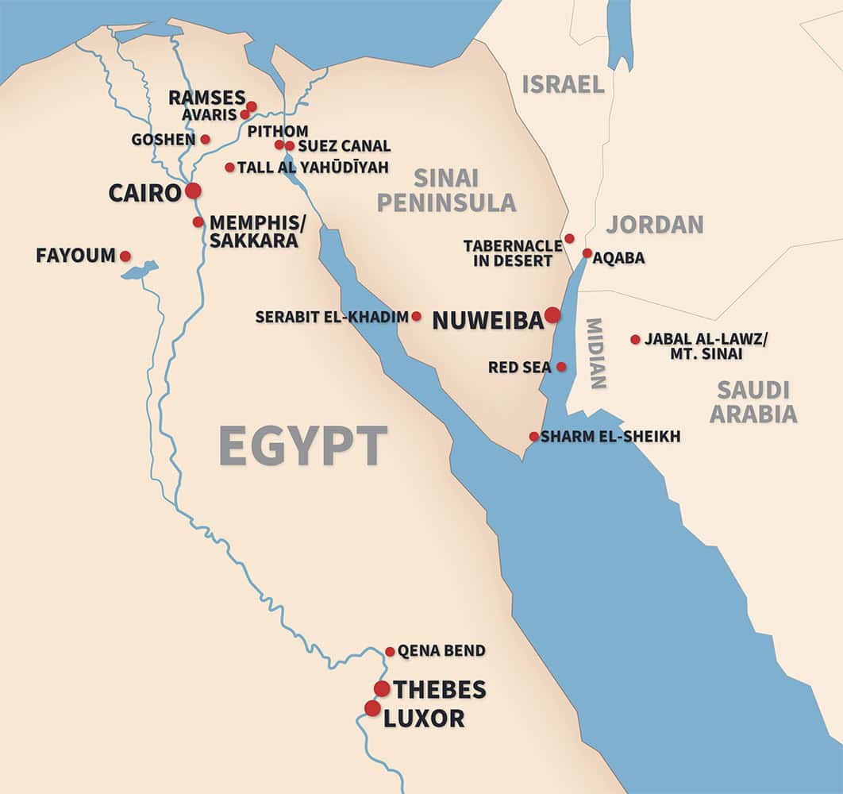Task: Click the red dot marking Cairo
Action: [193, 191]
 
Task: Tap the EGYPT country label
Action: [303, 446]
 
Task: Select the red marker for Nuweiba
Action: [552, 315]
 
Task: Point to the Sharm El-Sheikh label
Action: [610, 437]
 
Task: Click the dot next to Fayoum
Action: [125, 256]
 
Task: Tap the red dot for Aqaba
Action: [587, 253]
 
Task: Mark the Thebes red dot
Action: [382, 688]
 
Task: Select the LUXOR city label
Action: [424, 719]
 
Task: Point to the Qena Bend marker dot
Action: [390, 652]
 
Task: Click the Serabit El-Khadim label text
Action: [332, 317]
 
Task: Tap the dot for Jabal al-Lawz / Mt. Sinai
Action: [635, 339]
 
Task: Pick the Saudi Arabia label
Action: [753, 402]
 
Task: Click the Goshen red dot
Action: [205, 139]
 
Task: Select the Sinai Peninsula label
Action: [446, 190]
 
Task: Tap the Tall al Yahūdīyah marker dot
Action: [229, 168]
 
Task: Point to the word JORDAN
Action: [655, 225]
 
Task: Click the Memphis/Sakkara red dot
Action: [198, 222]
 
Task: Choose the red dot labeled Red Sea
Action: [561, 367]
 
